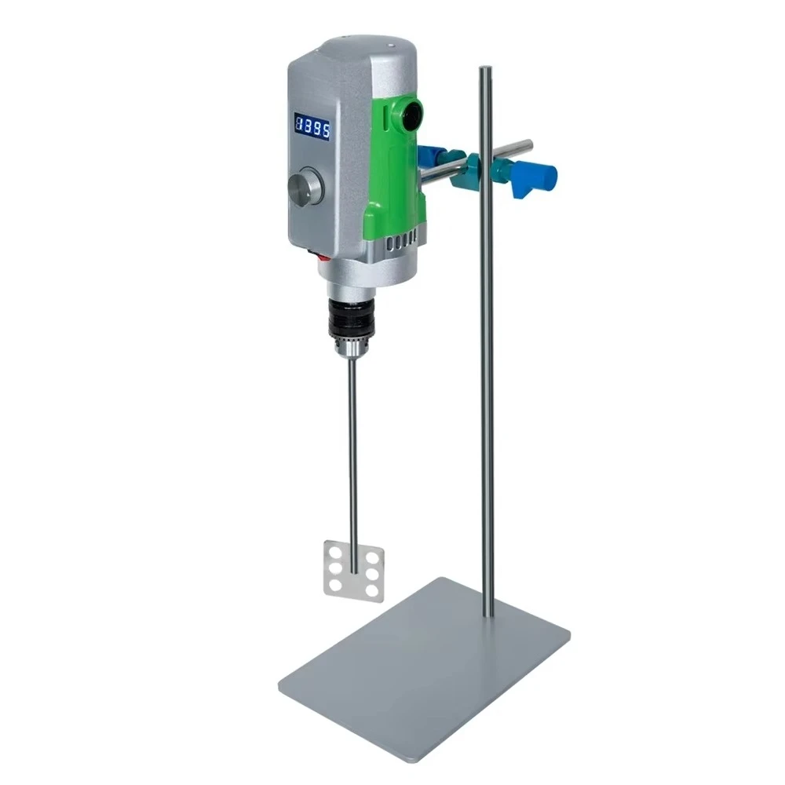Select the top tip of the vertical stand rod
[486, 71]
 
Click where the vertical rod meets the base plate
[487, 613]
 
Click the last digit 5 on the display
[325, 128]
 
